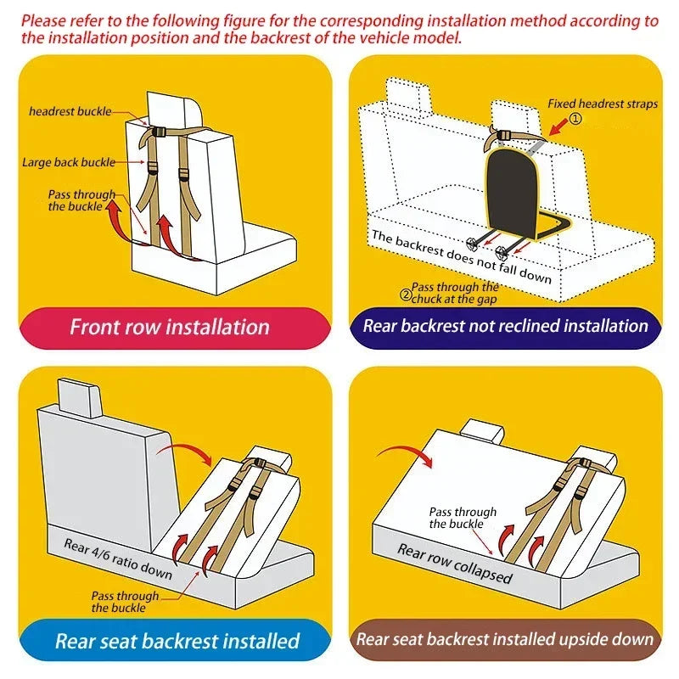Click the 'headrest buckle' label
pyautogui.click(x=70, y=111)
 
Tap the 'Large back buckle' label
pyautogui.click(x=69, y=161)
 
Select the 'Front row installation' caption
pyautogui.click(x=169, y=327)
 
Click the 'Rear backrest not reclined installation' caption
pyautogui.click(x=505, y=326)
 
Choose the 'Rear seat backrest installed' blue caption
pyautogui.click(x=177, y=641)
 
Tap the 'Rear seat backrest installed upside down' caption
pyautogui.click(x=505, y=640)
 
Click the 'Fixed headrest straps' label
pyautogui.click(x=602, y=104)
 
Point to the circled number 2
pyautogui.click(x=405, y=295)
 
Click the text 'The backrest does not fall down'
pyautogui.click(x=461, y=256)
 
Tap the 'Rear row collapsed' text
pyautogui.click(x=455, y=563)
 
